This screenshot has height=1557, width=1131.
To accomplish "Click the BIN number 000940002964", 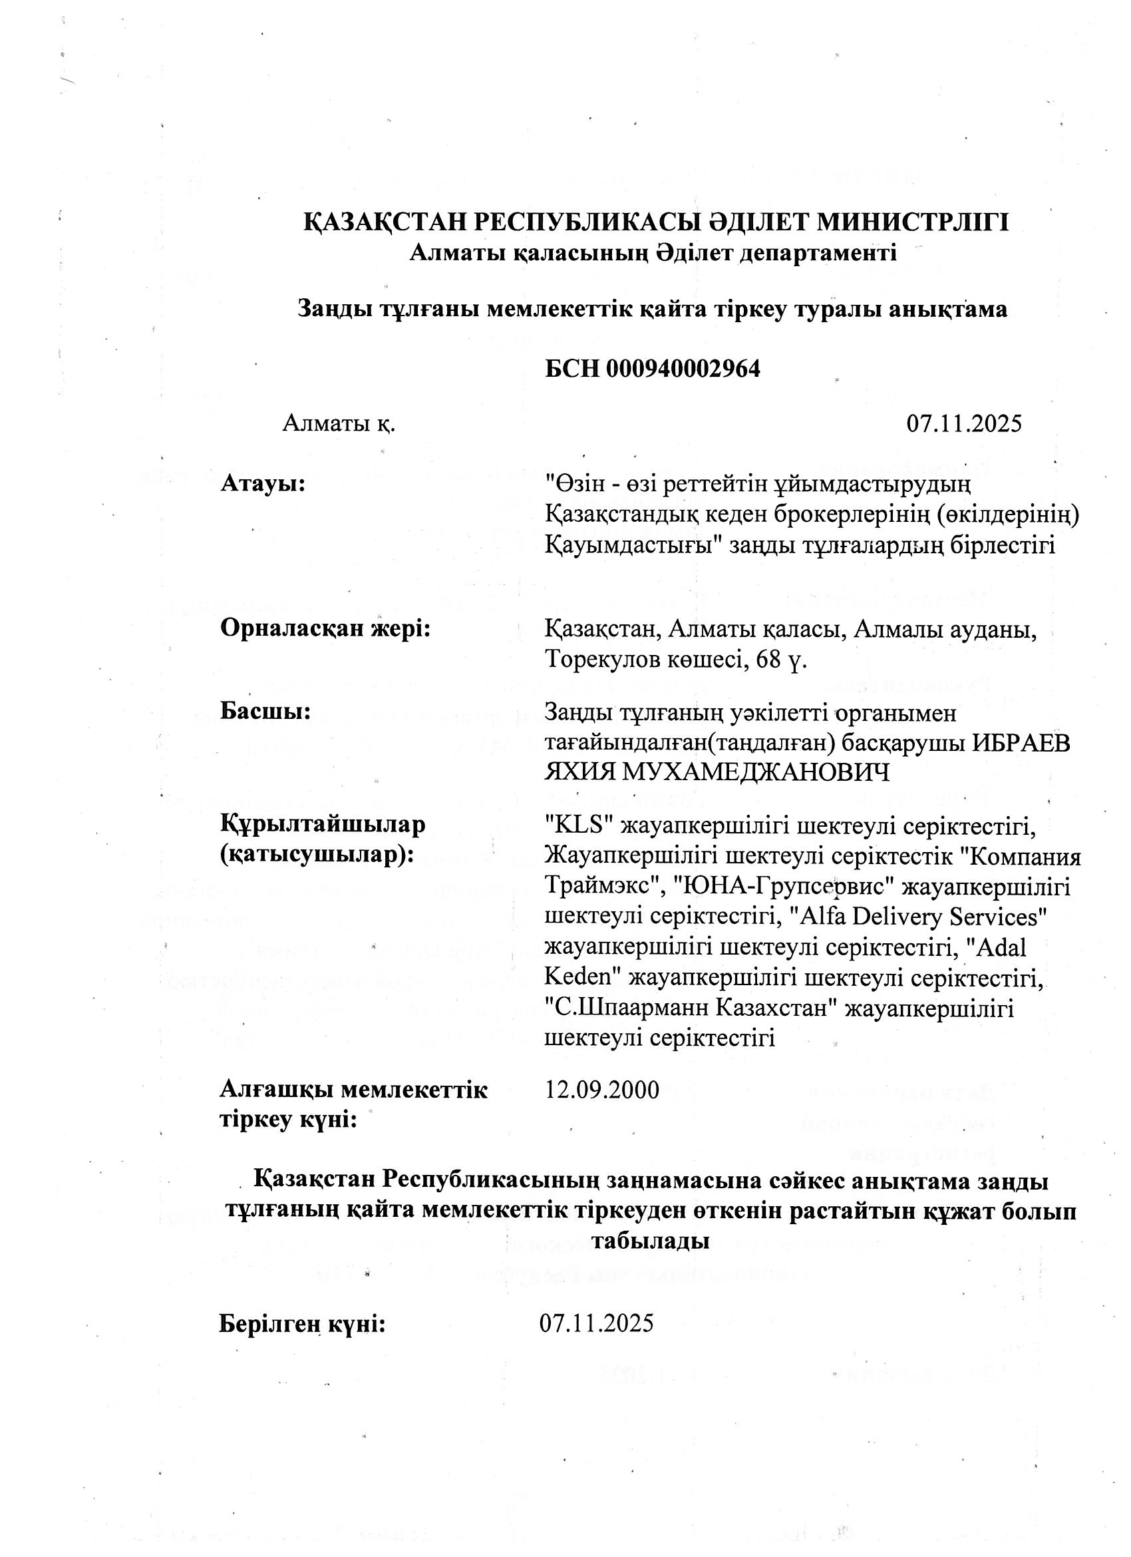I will [x=682, y=369].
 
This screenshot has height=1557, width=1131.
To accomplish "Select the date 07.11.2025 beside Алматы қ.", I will [x=963, y=423].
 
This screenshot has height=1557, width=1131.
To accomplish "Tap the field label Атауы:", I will [x=262, y=483].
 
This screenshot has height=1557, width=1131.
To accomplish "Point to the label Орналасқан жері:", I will [x=325, y=628].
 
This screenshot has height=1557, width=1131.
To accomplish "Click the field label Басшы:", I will [x=265, y=711].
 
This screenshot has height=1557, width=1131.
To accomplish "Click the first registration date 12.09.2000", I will [x=602, y=1090].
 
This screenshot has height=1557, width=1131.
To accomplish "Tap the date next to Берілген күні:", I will [x=596, y=1323].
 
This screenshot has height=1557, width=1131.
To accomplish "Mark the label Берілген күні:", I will [x=302, y=1323].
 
